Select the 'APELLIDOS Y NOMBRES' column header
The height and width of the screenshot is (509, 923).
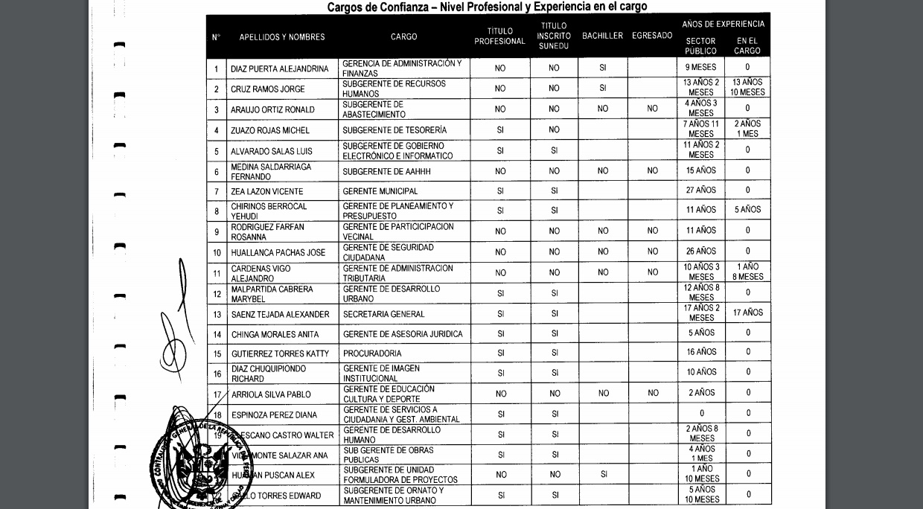click(x=282, y=37)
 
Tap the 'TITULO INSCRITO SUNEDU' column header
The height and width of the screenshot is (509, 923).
click(x=554, y=36)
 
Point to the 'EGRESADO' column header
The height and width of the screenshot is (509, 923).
click(x=652, y=36)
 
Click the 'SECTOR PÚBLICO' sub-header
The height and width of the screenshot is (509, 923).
click(x=700, y=46)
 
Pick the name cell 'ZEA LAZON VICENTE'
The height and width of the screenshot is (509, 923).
click(x=267, y=192)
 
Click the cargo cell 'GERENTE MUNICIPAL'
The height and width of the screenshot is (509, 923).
click(x=380, y=192)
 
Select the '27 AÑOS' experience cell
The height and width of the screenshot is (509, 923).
click(x=701, y=191)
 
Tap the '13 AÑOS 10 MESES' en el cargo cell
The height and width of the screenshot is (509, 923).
click(x=747, y=88)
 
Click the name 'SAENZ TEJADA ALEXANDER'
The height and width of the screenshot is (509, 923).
click(x=280, y=315)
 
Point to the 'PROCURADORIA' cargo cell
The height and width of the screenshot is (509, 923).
click(x=372, y=354)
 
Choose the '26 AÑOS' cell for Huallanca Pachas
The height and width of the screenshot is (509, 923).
click(x=701, y=252)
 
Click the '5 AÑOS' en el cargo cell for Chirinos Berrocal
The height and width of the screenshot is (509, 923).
click(x=747, y=210)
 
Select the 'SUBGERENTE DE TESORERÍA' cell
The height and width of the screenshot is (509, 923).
click(x=395, y=131)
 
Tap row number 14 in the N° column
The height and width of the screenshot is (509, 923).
click(x=217, y=335)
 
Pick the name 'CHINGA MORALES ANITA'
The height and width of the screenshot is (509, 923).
click(x=275, y=335)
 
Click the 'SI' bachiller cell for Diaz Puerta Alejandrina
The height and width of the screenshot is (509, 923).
click(x=602, y=68)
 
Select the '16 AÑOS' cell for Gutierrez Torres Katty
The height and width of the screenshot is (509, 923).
click(x=701, y=353)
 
